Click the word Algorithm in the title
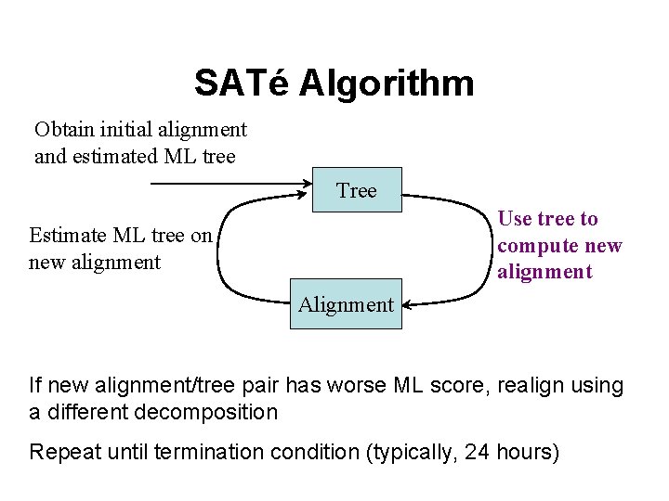point(387,83)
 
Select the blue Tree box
point(357,190)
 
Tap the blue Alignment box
point(346,304)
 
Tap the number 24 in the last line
point(478,453)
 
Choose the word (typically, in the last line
point(413,453)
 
